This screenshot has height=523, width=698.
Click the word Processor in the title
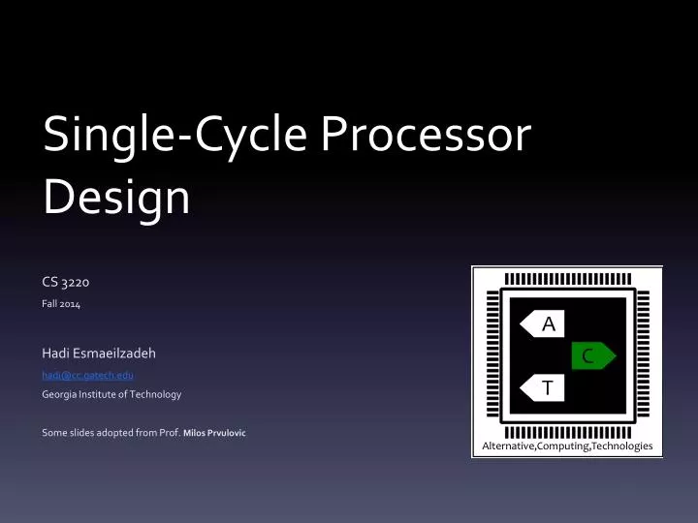click(426, 137)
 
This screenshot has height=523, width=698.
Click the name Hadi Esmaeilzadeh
click(100, 354)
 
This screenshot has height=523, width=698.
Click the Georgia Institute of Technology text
click(111, 394)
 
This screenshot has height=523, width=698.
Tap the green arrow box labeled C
click(590, 356)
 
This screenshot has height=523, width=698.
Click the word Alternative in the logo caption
click(507, 446)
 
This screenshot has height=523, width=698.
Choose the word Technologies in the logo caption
click(621, 446)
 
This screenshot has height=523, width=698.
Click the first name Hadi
click(58, 354)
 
